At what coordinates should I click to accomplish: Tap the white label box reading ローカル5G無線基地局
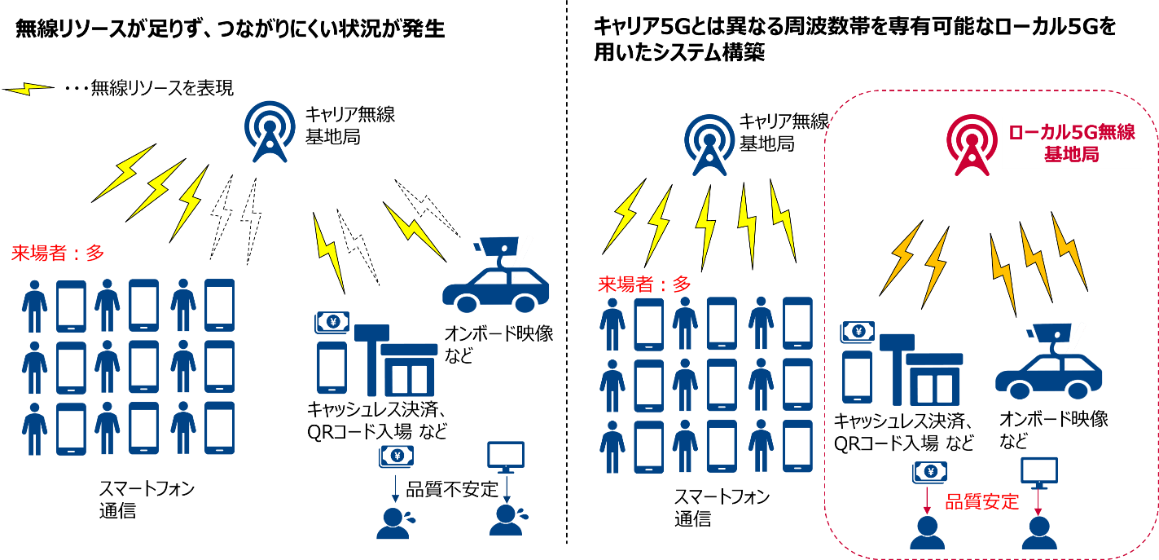[1070, 143]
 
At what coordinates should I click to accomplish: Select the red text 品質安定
[981, 501]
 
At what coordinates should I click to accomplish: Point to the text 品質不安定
[450, 489]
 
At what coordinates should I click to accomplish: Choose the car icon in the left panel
[495, 281]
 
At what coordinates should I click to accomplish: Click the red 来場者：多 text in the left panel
[57, 254]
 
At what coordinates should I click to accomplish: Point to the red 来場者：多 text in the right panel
[644, 284]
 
